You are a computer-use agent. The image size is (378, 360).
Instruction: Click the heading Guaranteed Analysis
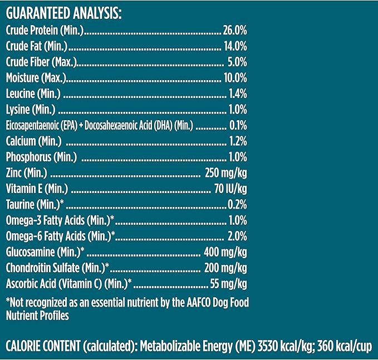coord(63,13)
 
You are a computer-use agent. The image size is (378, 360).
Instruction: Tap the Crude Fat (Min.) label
coord(36,46)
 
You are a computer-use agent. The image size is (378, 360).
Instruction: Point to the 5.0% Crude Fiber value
coord(237,61)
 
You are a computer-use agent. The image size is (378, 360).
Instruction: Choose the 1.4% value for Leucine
coord(238,93)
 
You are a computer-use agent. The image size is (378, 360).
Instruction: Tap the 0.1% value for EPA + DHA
coord(238,125)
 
